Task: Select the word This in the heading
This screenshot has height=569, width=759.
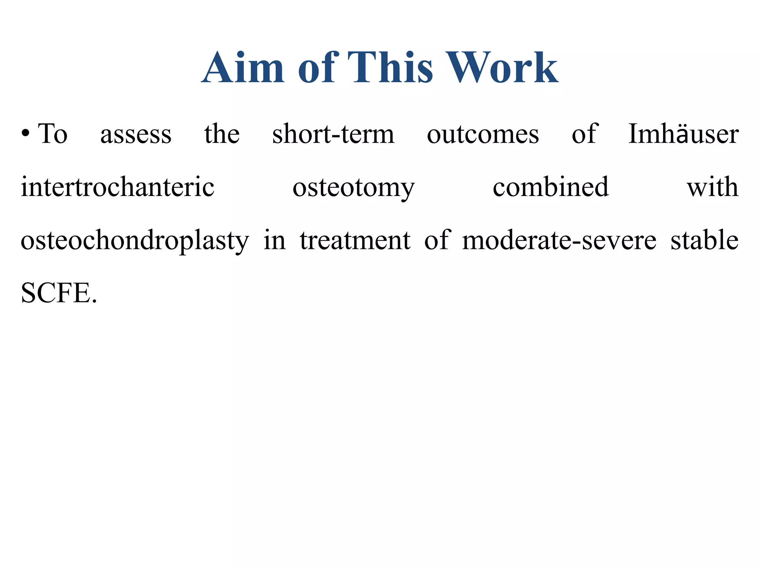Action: click(x=390, y=67)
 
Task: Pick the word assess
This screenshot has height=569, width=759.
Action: click(x=136, y=134)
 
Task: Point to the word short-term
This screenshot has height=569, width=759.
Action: click(x=333, y=134)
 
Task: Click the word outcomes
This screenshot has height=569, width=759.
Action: click(x=483, y=134)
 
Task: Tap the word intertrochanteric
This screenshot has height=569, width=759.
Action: click(x=117, y=187)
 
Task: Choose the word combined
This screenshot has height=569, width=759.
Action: click(x=550, y=187)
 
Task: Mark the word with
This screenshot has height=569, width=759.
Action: click(x=712, y=187)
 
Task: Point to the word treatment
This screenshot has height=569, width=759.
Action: click(x=355, y=240)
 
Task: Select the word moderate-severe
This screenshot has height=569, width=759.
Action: click(x=559, y=240)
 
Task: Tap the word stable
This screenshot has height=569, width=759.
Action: click(x=704, y=240)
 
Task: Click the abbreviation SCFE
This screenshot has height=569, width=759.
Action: click(x=59, y=293)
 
